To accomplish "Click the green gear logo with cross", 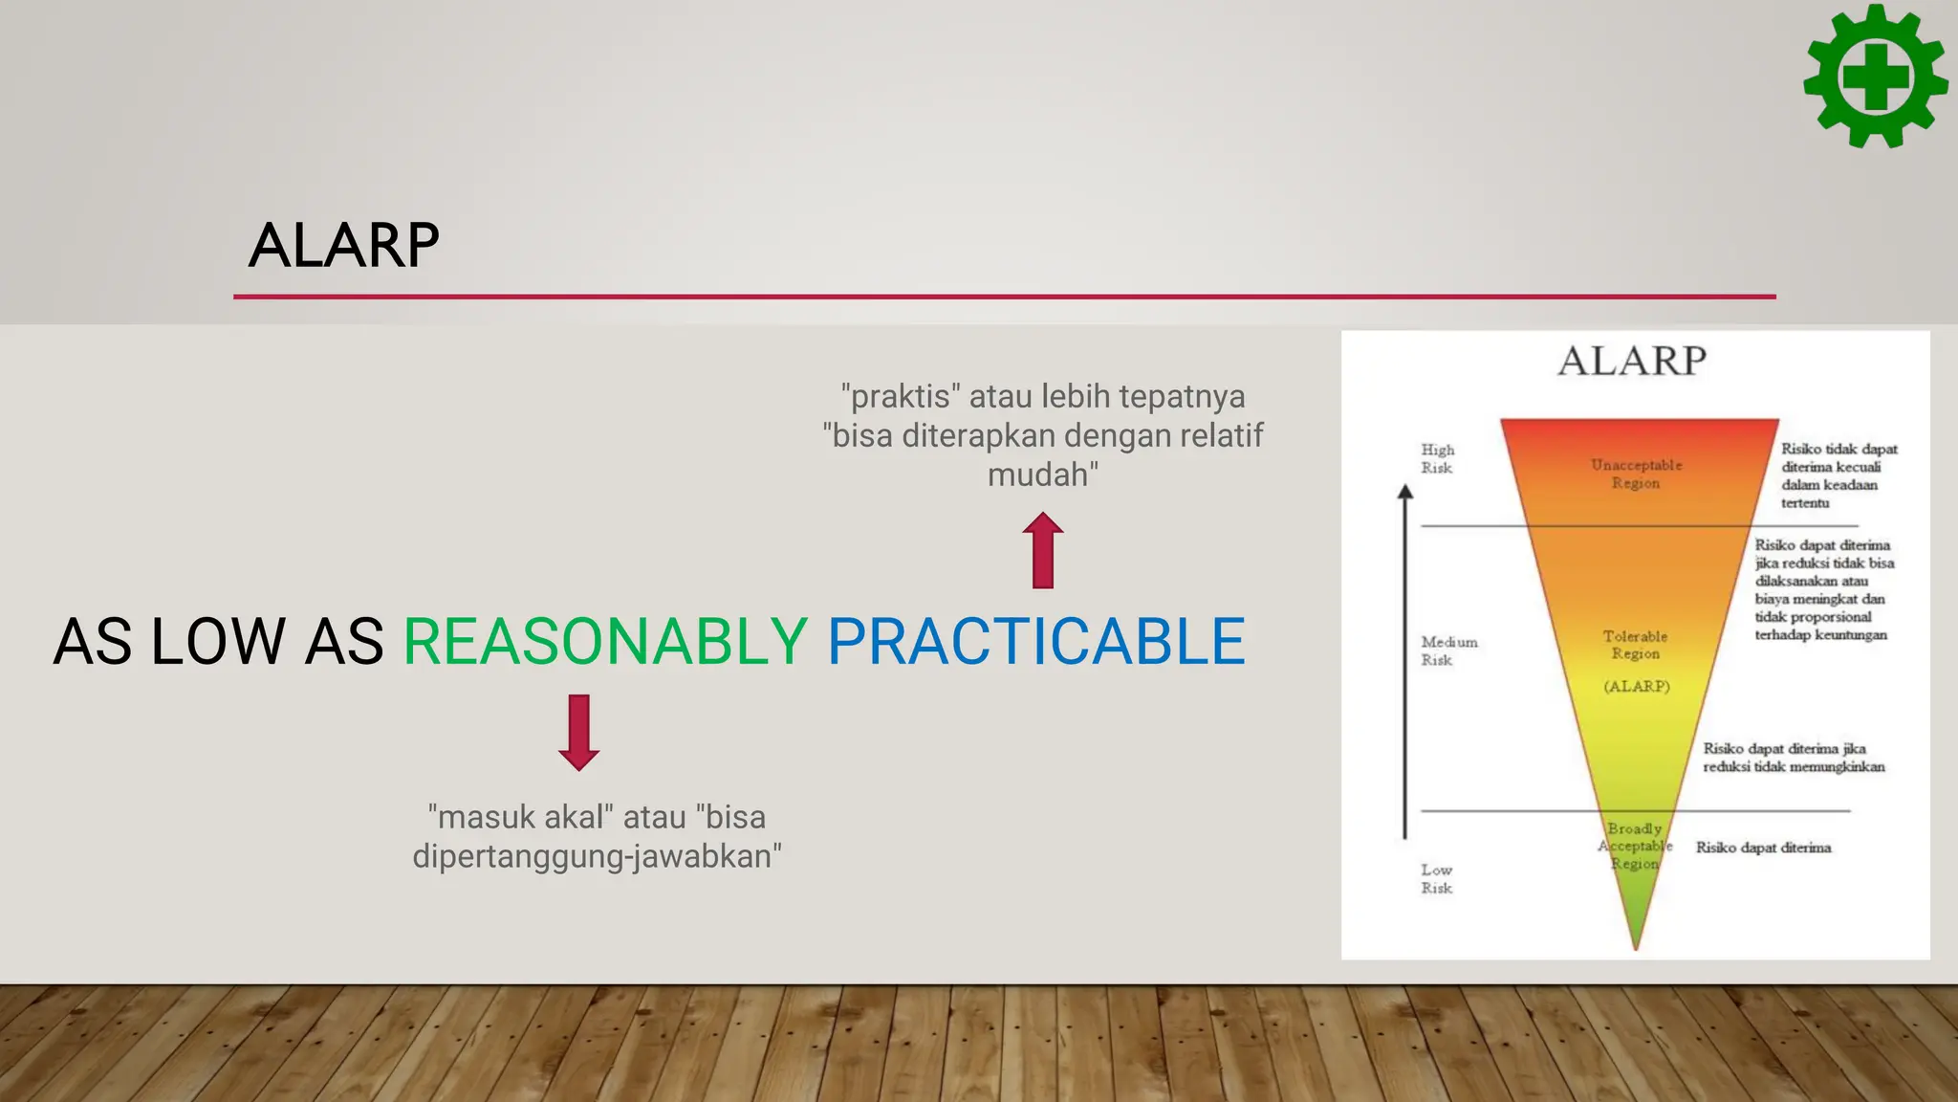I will (1875, 76).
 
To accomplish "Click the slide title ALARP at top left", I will (344, 245).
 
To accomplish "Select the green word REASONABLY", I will (605, 641).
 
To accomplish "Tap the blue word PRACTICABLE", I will (1035, 641).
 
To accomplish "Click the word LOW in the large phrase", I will (218, 641).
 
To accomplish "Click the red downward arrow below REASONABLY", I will (578, 733).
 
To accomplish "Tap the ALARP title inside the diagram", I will (1632, 362).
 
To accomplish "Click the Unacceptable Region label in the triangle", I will (1636, 474).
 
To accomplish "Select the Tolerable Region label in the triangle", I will (1635, 645).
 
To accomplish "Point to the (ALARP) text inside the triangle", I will (1636, 686).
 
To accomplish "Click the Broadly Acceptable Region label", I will (1635, 846).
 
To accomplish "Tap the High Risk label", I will (1437, 458).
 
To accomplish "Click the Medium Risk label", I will (1448, 650).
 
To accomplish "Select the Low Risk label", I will (1436, 878).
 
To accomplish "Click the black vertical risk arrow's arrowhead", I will (1404, 492).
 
